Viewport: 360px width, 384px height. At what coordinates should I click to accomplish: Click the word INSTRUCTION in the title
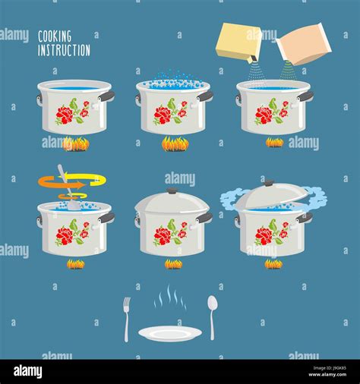tap(64, 50)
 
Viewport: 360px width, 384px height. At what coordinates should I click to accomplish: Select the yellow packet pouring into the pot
tap(238, 42)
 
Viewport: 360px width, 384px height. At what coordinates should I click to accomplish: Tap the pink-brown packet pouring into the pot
tap(303, 44)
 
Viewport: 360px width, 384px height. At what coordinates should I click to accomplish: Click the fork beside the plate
tap(127, 317)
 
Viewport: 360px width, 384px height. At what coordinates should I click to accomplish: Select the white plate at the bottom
tap(169, 333)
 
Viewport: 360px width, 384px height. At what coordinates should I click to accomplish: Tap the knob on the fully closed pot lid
tap(172, 190)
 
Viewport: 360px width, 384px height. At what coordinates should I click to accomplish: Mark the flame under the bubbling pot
tap(174, 143)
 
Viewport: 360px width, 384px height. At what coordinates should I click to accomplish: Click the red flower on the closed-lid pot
tap(163, 235)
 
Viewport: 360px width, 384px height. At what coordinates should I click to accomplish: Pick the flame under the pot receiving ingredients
tap(274, 142)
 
